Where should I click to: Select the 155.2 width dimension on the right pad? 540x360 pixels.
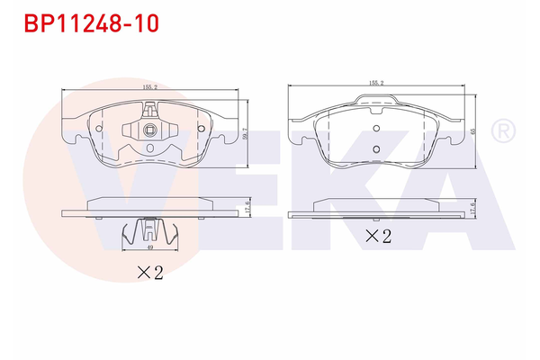[x=375, y=83]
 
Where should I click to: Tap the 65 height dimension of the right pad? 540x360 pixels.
[x=473, y=130]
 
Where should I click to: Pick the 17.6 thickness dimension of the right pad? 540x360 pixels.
[x=473, y=207]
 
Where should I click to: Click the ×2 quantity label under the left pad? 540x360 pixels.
[x=148, y=274]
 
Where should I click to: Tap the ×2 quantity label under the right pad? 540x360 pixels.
[x=379, y=238]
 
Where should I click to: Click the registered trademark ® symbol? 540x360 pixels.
[x=501, y=132]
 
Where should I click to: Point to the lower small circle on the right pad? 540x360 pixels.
[x=376, y=149]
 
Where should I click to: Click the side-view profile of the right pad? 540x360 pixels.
[x=375, y=214]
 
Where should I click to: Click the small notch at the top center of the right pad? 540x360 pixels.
[x=376, y=106]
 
